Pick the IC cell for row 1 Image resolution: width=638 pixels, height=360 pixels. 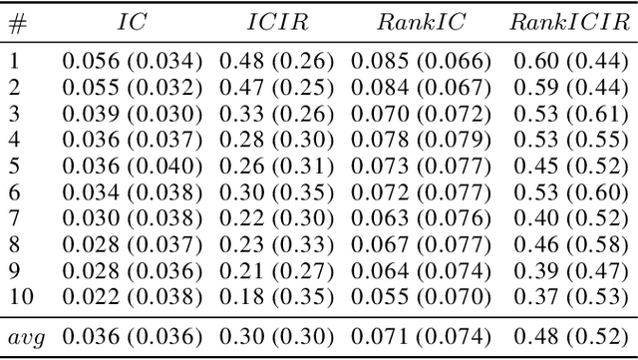coord(133,61)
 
